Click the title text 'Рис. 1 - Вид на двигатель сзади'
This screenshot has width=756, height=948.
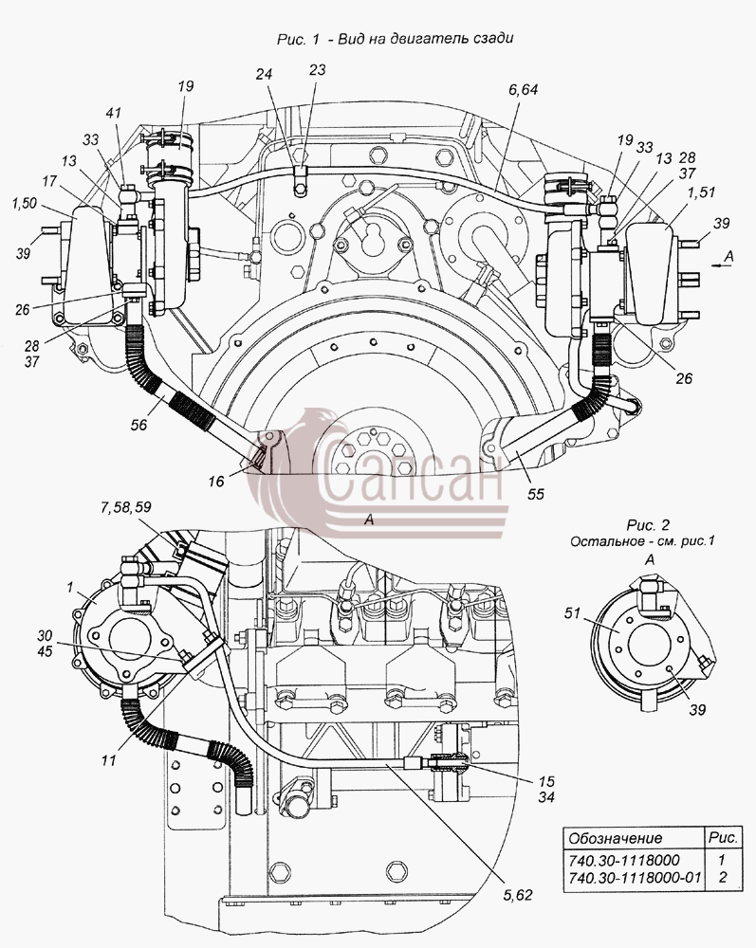pyautogui.click(x=395, y=39)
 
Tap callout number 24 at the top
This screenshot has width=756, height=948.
pyautogui.click(x=265, y=74)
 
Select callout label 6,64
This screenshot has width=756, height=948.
pyautogui.click(x=524, y=89)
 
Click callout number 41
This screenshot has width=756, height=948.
pyautogui.click(x=114, y=113)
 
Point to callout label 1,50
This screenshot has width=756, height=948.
pyautogui.click(x=25, y=204)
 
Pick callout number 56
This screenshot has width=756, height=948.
pyautogui.click(x=139, y=425)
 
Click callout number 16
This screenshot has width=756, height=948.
pyautogui.click(x=216, y=482)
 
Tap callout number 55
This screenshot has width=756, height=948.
pyautogui.click(x=536, y=494)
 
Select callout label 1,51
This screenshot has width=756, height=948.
pyautogui.click(x=702, y=192)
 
